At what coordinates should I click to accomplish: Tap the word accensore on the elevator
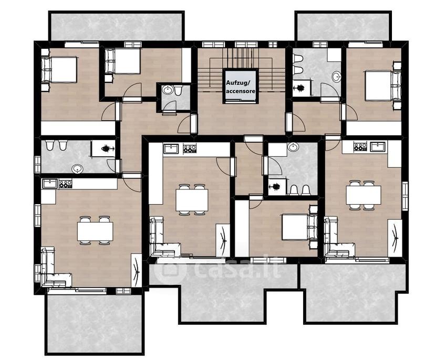241,91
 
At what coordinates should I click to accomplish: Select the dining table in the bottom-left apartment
95,231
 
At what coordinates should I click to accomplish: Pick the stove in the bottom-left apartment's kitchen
65,184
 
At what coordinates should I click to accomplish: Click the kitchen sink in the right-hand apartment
378,146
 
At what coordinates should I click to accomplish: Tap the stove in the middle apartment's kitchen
190,149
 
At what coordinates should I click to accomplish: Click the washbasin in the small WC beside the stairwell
168,90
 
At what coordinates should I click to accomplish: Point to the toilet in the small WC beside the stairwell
178,90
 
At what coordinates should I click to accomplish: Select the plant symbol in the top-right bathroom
300,88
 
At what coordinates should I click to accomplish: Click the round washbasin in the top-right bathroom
337,77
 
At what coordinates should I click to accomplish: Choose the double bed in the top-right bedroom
382,86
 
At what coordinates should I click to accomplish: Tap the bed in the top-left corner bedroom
59,70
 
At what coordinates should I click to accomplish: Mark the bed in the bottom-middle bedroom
299,227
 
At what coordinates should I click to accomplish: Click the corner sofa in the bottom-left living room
56,268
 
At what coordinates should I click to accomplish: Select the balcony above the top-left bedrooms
117,26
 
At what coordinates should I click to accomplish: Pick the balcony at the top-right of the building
344,26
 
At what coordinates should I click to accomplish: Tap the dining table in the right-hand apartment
364,195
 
